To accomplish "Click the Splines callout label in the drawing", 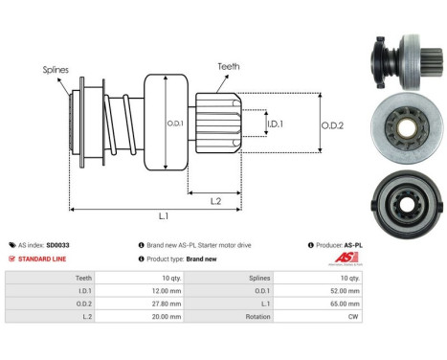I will coord(55,70).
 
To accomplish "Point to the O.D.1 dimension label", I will coord(174,122).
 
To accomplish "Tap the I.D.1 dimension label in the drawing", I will coord(275,124).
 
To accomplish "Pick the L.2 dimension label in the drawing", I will coord(216,199).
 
